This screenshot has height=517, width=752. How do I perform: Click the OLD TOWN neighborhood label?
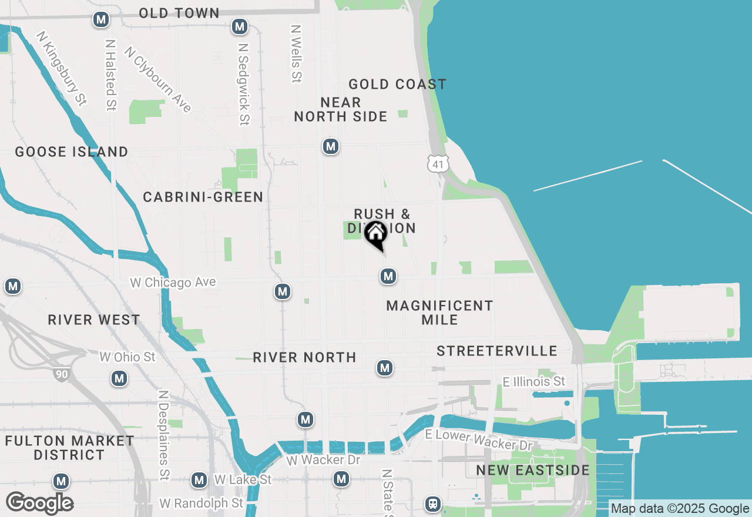point(179,13)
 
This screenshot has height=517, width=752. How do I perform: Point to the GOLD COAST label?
point(397,85)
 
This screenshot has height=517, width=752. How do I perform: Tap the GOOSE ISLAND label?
point(72,152)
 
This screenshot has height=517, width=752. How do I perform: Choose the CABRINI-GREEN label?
point(203,197)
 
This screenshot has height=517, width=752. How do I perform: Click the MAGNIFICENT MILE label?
point(439,313)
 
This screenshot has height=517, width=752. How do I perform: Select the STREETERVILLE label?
point(497,351)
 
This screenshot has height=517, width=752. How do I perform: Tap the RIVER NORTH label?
point(304,357)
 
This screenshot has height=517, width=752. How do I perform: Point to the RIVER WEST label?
point(94,320)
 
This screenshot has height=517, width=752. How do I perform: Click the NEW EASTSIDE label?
point(533,470)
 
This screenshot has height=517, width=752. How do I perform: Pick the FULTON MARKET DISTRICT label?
point(69,448)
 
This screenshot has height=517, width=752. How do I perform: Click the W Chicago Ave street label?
point(173,283)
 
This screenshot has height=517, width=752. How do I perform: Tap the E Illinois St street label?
point(533,382)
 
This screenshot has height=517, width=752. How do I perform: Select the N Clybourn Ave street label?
point(158,79)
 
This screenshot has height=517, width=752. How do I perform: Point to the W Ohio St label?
point(127,357)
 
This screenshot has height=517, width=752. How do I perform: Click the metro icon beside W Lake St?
point(199,480)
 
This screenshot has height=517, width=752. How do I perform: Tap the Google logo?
point(39,503)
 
